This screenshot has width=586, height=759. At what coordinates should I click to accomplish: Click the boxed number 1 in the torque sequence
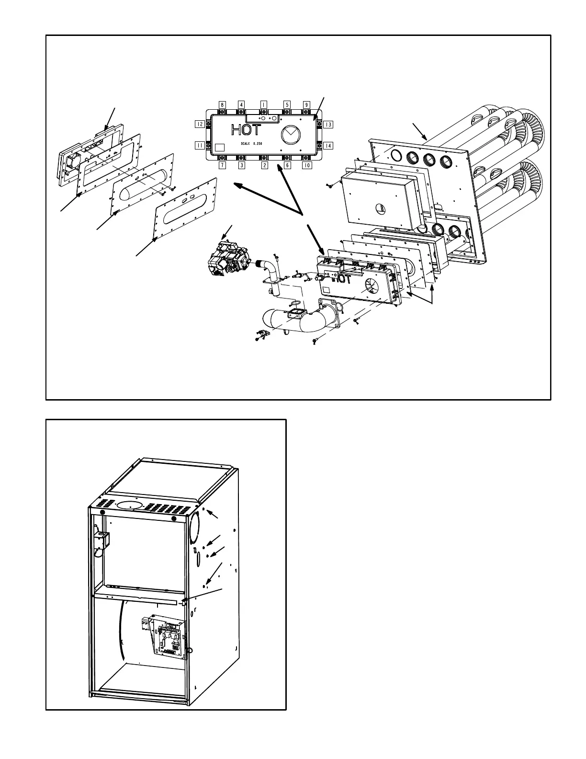[x=264, y=104]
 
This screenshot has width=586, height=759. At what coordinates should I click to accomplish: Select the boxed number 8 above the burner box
[x=222, y=104]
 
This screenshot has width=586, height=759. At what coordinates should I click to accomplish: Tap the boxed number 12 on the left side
[x=200, y=124]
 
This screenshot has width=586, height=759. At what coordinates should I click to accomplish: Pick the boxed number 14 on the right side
[x=328, y=145]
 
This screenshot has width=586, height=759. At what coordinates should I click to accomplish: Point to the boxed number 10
[x=306, y=166]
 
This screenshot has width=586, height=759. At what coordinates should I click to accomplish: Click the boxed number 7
[x=222, y=166]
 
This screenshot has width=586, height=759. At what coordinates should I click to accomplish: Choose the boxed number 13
[x=328, y=125]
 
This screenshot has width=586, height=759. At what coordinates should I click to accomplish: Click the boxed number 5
[x=287, y=104]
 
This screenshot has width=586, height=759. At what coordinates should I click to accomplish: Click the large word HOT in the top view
[x=247, y=130]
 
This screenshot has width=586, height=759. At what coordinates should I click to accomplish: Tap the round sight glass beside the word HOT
[x=289, y=134]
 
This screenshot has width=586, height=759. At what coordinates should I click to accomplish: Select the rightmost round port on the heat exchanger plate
[x=446, y=161]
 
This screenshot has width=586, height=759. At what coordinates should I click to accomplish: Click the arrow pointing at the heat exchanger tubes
[x=419, y=131]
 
